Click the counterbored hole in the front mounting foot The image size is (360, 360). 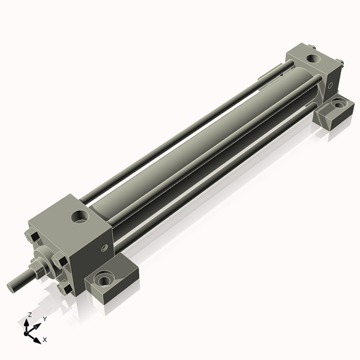pos(105,279)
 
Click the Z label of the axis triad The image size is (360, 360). pos(29,314)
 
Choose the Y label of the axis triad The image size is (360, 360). pos(44,319)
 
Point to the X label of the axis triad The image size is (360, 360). pos(45,340)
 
